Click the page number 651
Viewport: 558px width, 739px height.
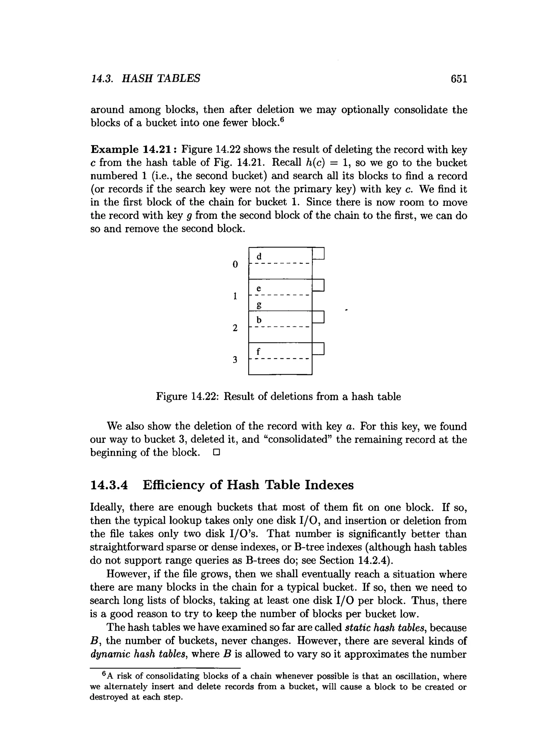[459, 79]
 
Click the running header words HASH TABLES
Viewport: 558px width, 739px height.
[161, 79]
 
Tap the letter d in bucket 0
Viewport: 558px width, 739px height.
[259, 257]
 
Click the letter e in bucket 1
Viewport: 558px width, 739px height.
[259, 288]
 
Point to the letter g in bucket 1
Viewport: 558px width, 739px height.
[259, 305]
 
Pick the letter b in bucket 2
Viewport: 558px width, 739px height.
[259, 320]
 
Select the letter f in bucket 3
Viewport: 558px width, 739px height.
[258, 351]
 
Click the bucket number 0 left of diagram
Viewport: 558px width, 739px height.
[235, 265]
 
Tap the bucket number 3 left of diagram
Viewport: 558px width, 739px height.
[235, 360]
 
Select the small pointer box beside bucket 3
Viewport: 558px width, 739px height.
[318, 349]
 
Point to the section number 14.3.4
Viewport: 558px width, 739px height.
[109, 485]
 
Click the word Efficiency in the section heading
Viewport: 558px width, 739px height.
[173, 485]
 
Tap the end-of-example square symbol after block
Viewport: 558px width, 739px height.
[216, 453]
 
